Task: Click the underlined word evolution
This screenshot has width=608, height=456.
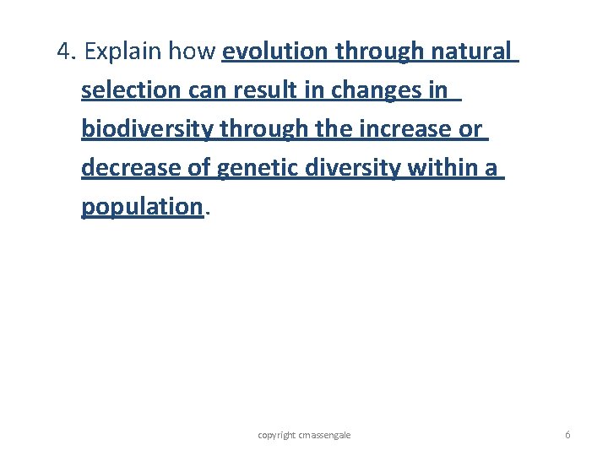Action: (275, 52)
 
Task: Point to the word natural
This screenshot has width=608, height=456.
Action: (470, 52)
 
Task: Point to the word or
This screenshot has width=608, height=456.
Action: (470, 129)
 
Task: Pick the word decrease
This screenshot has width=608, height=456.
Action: (131, 168)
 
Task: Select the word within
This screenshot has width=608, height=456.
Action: (443, 168)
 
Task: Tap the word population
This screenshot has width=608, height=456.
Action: (142, 207)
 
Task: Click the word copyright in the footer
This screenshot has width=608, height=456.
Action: (277, 435)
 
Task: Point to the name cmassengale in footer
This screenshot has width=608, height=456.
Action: (325, 435)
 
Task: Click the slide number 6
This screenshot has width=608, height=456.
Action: (567, 435)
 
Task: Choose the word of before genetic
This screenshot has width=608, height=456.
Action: (199, 168)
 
